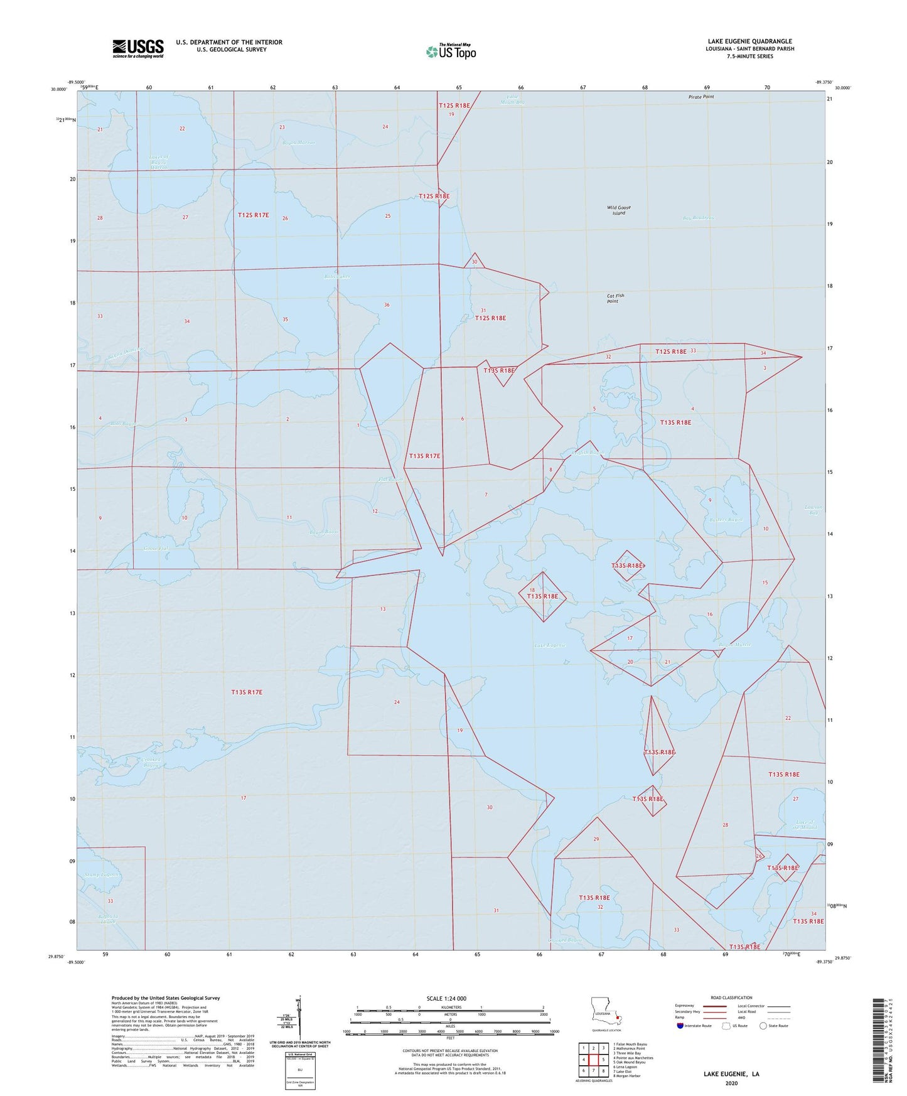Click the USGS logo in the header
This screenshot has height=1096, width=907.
click(x=138, y=48)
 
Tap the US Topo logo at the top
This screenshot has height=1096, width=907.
click(x=451, y=51)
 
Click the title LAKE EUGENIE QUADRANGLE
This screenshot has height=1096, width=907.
click(x=749, y=41)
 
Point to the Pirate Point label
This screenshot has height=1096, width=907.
click(x=701, y=97)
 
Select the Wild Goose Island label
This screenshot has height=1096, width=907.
click(x=619, y=210)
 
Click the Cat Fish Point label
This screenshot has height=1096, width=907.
click(x=615, y=298)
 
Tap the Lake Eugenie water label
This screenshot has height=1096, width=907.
click(x=550, y=645)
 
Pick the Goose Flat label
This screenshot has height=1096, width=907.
click(x=156, y=549)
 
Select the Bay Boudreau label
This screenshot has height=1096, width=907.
click(x=699, y=218)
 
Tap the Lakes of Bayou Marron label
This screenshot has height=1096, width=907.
click(x=158, y=163)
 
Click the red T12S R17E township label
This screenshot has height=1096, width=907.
click(x=254, y=215)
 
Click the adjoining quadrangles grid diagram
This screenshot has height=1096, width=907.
click(x=593, y=1060)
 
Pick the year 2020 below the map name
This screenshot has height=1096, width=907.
click(x=731, y=1083)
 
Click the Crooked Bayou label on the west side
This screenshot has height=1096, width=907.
click(x=151, y=762)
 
